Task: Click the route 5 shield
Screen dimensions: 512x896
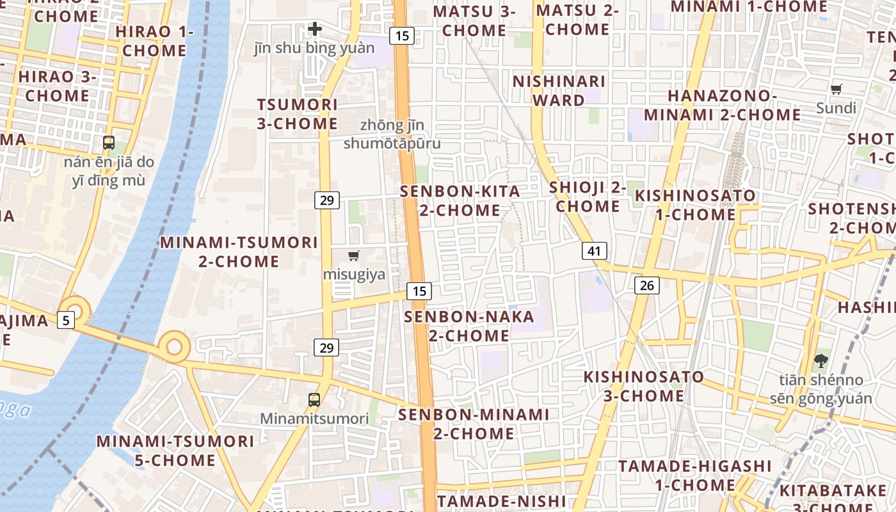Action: point(66,319)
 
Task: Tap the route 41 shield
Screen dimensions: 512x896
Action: point(595,250)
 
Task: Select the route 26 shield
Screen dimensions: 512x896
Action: point(647,285)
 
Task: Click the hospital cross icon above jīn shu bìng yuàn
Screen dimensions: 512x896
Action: point(315,29)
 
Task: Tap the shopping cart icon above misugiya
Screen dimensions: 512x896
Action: point(354,256)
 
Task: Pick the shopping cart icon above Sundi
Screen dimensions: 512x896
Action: point(836,89)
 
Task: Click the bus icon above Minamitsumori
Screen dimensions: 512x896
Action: point(314,400)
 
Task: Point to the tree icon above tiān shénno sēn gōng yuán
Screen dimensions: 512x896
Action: point(820,361)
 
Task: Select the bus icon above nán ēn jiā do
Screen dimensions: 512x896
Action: point(109,143)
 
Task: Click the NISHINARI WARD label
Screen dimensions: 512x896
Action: point(559,91)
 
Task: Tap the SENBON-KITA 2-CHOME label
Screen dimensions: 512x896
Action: point(460,200)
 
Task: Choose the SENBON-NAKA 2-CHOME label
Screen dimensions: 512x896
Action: point(469,326)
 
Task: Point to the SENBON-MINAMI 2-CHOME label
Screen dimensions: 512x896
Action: point(474,424)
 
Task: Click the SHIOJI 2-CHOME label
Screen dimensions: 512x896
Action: point(588,196)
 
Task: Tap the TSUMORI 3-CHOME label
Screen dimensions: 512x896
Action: point(297,114)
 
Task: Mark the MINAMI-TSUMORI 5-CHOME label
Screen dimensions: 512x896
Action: point(175,451)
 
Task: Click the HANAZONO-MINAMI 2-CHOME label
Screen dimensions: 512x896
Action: point(722,106)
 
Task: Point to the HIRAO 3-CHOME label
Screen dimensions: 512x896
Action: point(58,86)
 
